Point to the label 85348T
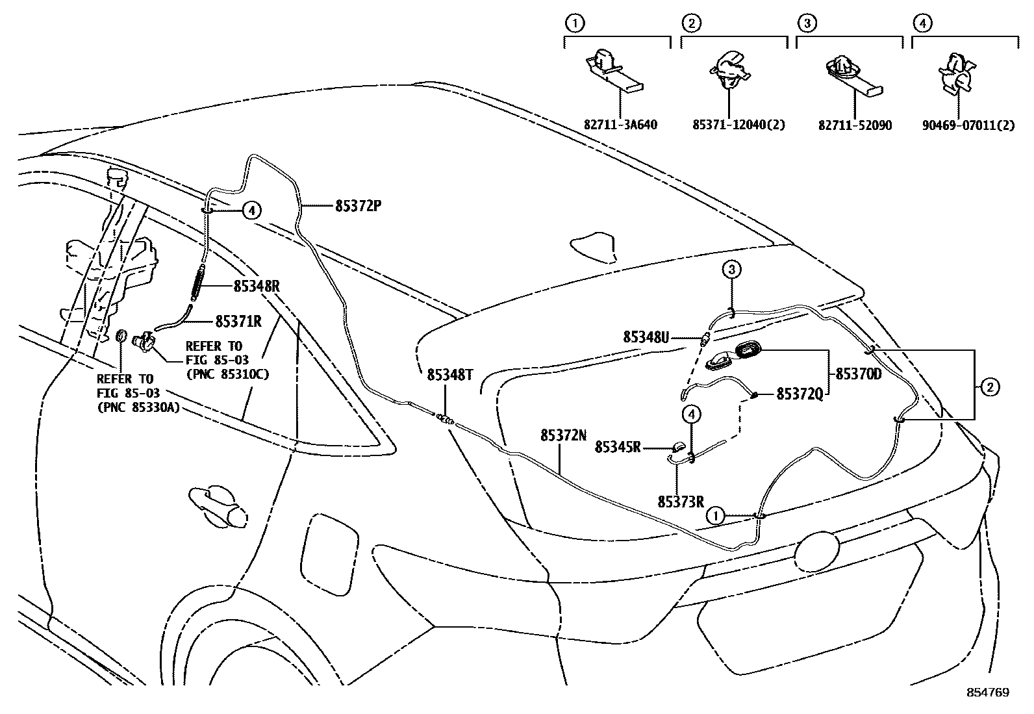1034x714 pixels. click(450, 375)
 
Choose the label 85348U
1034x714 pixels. click(646, 337)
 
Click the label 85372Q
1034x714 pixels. click(800, 394)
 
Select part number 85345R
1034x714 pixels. click(618, 447)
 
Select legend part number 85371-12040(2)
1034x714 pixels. click(738, 125)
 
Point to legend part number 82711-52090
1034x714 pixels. click(855, 125)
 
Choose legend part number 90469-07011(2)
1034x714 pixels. click(966, 125)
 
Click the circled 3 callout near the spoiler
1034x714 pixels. click(731, 269)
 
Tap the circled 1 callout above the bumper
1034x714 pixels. click(714, 516)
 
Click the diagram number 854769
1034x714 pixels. click(988, 693)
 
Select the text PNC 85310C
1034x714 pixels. click(227, 375)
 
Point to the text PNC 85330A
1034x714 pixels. click(138, 407)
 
